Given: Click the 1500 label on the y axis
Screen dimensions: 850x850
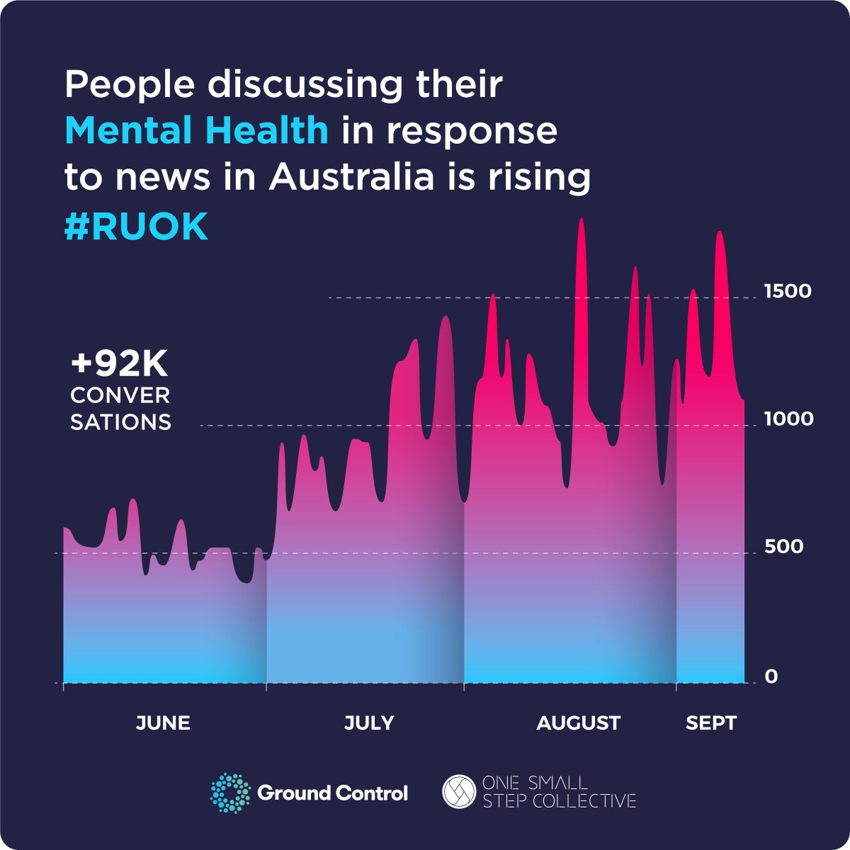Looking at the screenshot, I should (x=788, y=291).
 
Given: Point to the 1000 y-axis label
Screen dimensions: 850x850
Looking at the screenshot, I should (x=788, y=419).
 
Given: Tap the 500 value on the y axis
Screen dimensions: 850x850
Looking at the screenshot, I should (x=783, y=546).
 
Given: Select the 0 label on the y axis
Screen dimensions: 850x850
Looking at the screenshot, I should (x=771, y=676).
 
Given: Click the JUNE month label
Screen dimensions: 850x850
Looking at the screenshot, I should (x=163, y=723).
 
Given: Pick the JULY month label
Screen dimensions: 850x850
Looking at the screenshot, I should (x=369, y=723).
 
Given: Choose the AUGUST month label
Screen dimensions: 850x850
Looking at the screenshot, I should (x=578, y=723).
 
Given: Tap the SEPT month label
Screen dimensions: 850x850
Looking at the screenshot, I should (x=711, y=723).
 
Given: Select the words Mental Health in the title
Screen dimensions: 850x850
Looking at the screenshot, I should (x=196, y=131).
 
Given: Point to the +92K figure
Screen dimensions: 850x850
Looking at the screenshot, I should (x=119, y=365).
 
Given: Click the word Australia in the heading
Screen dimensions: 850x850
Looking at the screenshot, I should (x=351, y=177).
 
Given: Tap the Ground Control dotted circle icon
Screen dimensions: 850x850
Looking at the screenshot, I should (x=231, y=793).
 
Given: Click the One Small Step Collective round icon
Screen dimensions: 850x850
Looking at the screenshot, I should (x=458, y=792).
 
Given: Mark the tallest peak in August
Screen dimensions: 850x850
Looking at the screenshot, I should (x=581, y=220).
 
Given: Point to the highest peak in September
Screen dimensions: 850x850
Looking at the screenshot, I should (x=720, y=233).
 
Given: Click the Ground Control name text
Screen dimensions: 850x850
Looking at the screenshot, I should (x=332, y=793).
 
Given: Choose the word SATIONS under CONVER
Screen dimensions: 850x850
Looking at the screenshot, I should (x=120, y=422).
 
